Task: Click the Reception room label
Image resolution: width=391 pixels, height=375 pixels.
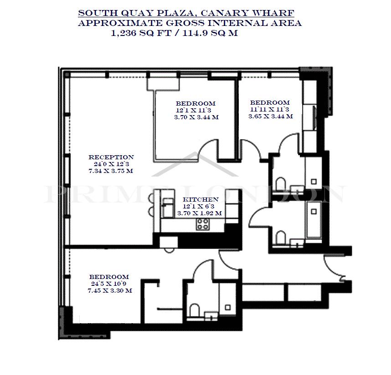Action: pyautogui.click(x=111, y=157)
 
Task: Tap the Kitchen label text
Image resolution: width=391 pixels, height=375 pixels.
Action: pyautogui.click(x=201, y=199)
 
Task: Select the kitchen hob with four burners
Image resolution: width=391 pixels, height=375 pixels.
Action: pyautogui.click(x=202, y=224)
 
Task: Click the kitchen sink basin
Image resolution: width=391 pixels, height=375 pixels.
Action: pyautogui.click(x=168, y=208)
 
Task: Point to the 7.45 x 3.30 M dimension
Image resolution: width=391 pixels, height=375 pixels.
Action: pyautogui.click(x=110, y=291)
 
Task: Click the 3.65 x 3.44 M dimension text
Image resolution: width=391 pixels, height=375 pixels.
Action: pyautogui.click(x=271, y=116)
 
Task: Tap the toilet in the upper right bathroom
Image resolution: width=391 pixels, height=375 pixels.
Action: pyautogui.click(x=281, y=183)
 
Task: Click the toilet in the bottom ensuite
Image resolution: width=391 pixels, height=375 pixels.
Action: pyautogui.click(x=195, y=310)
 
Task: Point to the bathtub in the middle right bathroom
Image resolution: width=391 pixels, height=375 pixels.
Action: pyautogui.click(x=314, y=219)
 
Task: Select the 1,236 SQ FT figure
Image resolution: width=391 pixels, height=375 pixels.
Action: pyautogui.click(x=141, y=33)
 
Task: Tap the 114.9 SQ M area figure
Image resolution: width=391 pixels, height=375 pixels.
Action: pyautogui.click(x=210, y=33)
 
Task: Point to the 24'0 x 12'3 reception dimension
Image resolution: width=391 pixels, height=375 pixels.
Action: pyautogui.click(x=111, y=164)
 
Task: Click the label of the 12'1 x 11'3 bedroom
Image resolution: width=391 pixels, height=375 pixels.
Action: pyautogui.click(x=195, y=103)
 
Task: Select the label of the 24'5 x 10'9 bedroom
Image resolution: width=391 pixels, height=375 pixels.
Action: pyautogui.click(x=109, y=277)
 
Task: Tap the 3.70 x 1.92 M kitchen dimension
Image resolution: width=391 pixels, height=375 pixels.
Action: pyautogui.click(x=200, y=213)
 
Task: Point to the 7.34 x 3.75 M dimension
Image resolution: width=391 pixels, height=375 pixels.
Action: pyautogui.click(x=111, y=171)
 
